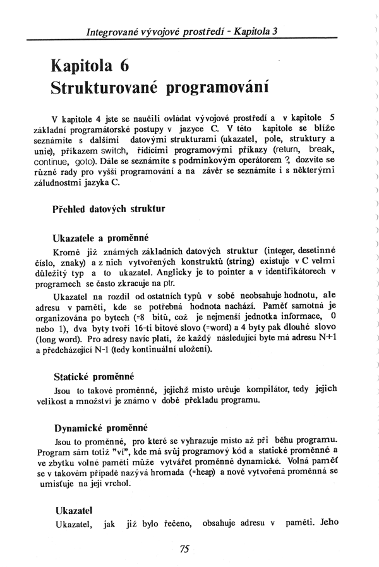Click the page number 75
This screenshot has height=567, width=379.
tap(184, 549)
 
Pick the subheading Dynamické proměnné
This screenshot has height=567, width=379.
tap(100, 426)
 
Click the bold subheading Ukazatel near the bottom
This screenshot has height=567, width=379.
tap(75, 510)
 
